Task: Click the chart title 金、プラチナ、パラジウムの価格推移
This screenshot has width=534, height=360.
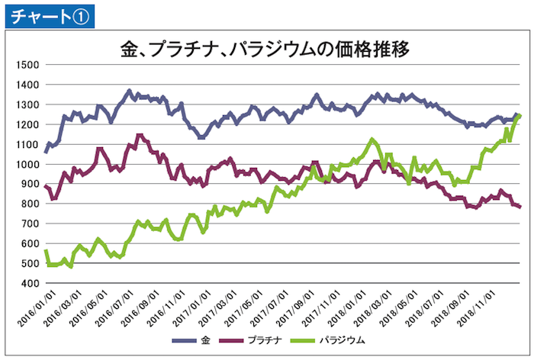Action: pos(266,51)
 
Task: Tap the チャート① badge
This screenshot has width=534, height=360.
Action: pos(47,14)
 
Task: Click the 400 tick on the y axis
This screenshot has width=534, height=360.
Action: pos(28,283)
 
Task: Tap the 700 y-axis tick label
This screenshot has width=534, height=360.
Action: pos(28,223)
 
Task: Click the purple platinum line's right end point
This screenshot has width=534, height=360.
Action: pos(520,207)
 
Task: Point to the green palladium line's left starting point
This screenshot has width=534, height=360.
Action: pos(45,250)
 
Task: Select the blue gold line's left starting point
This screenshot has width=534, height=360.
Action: pos(45,152)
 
